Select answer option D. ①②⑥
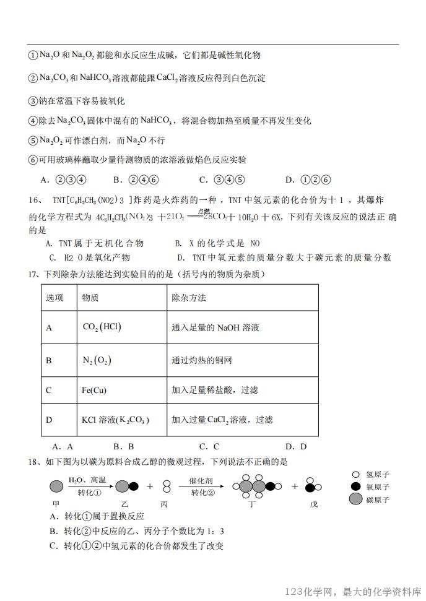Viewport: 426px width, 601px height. coord(308,180)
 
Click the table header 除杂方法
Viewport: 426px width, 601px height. coord(189,298)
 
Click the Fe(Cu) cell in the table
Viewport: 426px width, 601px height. coord(95,390)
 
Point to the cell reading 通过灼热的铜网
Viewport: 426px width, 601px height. coord(202,360)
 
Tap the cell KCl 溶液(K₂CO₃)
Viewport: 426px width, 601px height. coord(116,420)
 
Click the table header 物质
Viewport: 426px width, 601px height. coord(90,298)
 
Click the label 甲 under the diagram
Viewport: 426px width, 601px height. coord(55,504)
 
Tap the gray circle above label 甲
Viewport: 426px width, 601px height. coord(56,486)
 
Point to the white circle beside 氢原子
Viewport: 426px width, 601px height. coord(355,475)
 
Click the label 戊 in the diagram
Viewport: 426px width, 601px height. coord(314,504)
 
